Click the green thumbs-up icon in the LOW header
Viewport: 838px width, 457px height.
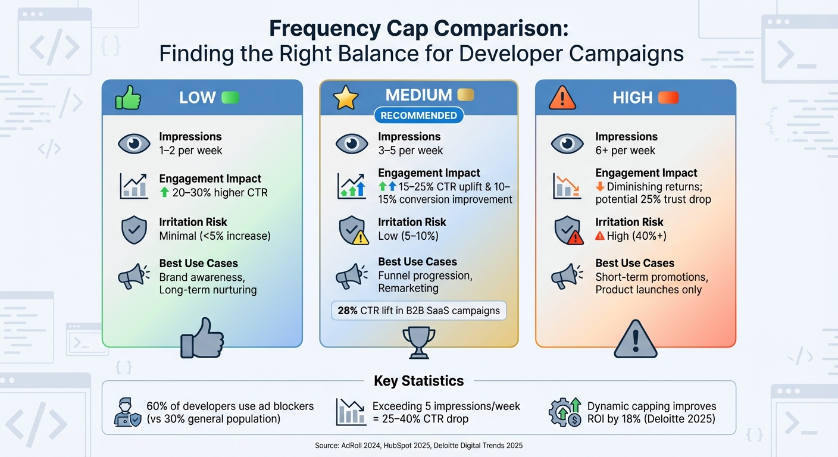click(128, 98)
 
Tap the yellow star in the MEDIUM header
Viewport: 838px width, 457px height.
click(345, 98)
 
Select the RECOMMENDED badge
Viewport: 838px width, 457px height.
click(418, 115)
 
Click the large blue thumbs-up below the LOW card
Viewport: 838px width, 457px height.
click(202, 337)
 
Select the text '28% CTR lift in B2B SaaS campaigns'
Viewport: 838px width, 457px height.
click(418, 311)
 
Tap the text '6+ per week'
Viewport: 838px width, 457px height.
click(625, 151)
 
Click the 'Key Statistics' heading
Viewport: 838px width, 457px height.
click(418, 381)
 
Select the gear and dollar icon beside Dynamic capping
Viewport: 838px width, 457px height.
click(565, 412)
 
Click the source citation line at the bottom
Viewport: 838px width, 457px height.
click(418, 445)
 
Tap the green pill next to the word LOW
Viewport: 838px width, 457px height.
click(230, 98)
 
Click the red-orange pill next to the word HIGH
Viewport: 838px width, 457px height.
click(669, 98)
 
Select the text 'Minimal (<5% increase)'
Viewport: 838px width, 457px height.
click(214, 236)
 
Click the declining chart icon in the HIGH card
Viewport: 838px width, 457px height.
click(566, 186)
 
